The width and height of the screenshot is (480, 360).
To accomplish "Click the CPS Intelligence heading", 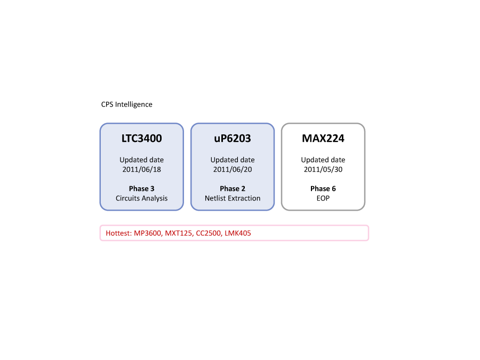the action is click(x=127, y=105).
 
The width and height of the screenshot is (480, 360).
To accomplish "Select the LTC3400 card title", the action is click(x=142, y=138).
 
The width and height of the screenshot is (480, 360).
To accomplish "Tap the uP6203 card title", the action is click(x=233, y=138).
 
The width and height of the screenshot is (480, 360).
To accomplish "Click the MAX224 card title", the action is click(x=323, y=138).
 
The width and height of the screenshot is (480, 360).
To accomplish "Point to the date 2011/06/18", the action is click(x=142, y=169).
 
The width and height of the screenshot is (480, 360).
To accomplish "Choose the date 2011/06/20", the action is click(x=233, y=169).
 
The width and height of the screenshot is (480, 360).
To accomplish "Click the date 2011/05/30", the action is click(x=323, y=169).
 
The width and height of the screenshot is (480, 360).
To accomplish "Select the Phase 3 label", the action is click(x=142, y=189).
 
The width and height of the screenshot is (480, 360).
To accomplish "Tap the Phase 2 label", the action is click(x=233, y=189).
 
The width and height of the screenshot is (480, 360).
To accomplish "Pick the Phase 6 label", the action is click(x=323, y=189).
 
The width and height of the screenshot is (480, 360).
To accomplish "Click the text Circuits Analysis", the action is click(x=142, y=198).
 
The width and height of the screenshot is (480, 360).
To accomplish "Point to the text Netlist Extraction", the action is click(x=233, y=198).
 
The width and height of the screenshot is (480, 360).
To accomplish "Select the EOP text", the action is click(x=323, y=198).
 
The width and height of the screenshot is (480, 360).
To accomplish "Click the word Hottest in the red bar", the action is click(x=118, y=233).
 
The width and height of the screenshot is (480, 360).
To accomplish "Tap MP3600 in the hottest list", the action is click(x=148, y=233).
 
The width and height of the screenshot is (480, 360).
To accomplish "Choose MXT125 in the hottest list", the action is click(x=179, y=233).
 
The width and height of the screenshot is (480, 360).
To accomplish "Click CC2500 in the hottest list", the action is click(x=209, y=233).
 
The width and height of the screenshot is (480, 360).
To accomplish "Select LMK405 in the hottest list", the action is click(x=238, y=233).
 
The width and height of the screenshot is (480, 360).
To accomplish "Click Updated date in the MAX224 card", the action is click(x=323, y=160).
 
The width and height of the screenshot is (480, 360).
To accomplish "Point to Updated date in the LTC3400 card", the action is click(x=142, y=160).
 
